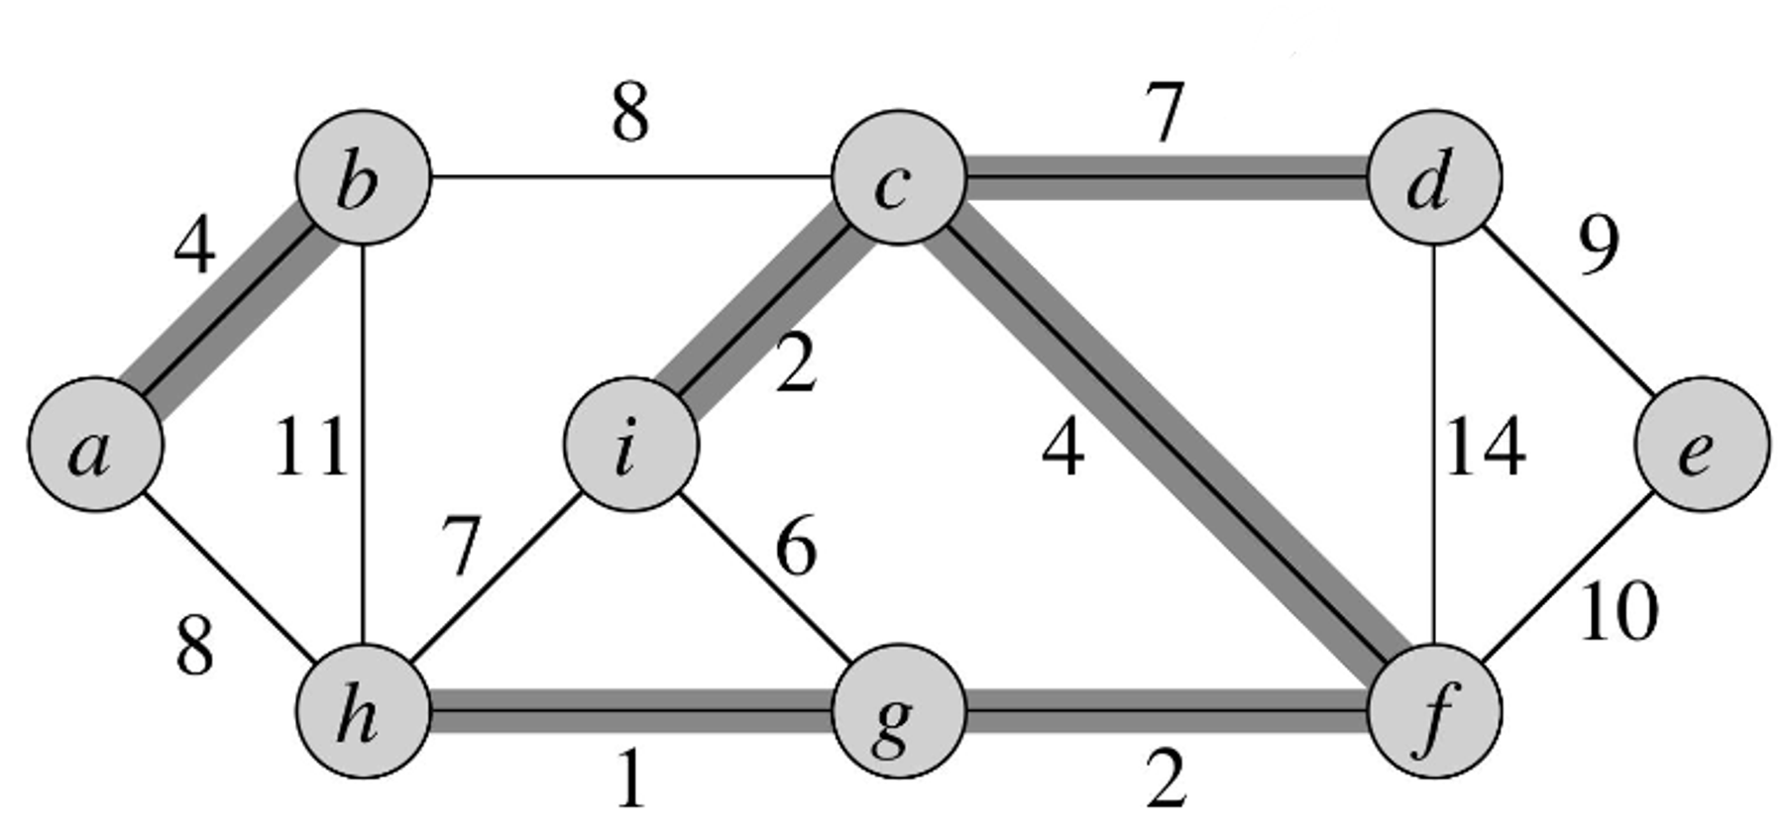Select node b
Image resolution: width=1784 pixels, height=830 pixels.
364,178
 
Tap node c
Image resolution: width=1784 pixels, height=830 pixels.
898,178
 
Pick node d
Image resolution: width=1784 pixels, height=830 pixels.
1433,178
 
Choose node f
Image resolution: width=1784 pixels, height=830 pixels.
1433,711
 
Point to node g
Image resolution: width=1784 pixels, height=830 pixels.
898,711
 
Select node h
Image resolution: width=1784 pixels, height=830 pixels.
364,711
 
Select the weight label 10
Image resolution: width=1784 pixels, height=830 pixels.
1617,611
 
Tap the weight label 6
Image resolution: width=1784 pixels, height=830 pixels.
796,548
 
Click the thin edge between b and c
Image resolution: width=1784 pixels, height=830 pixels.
631,178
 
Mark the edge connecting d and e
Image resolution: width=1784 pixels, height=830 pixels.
1568,311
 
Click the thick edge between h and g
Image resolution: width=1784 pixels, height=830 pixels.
631,711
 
